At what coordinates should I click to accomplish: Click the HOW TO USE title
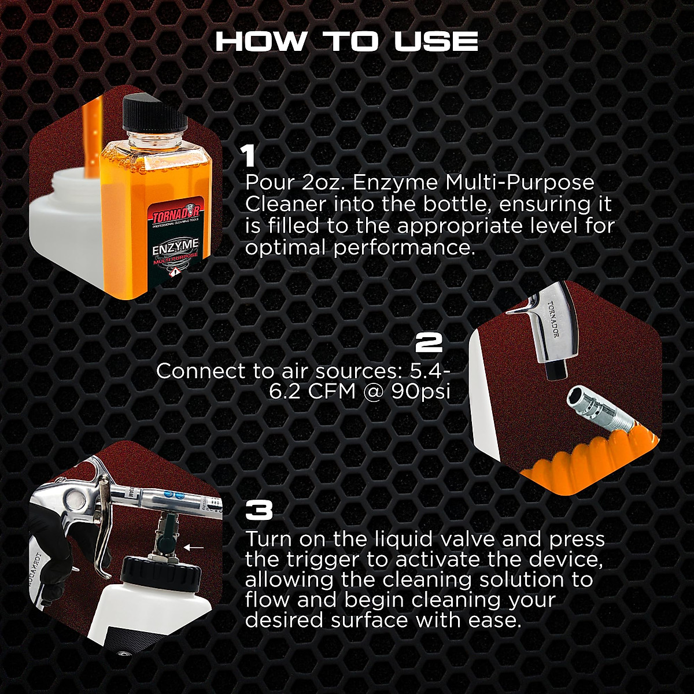[346, 42]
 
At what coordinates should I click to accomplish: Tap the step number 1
[249, 157]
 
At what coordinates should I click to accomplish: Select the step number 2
[429, 344]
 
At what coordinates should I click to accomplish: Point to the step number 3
[259, 511]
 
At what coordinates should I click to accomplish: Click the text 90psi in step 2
[421, 392]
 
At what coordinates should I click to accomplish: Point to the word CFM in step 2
[332, 392]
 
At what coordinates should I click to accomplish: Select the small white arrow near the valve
[194, 546]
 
